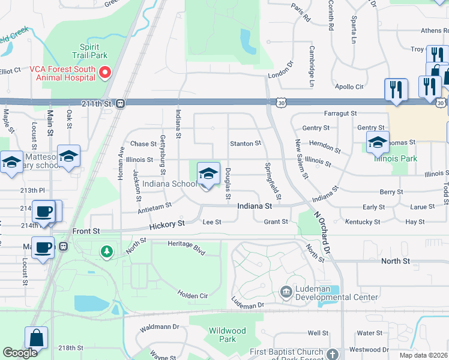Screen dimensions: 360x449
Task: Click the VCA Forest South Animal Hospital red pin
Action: (105, 73)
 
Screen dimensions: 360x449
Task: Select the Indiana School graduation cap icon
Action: (208, 174)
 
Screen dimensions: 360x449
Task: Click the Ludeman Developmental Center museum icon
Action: (286, 293)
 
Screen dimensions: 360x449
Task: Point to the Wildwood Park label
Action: (227, 335)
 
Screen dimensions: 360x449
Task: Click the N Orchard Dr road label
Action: (326, 232)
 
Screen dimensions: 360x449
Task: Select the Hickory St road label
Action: (167, 224)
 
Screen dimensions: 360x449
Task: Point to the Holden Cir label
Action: (192, 295)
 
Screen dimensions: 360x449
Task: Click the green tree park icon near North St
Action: (107, 251)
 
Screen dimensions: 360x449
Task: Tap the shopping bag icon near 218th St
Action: (36, 338)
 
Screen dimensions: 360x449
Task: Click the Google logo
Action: (20, 353)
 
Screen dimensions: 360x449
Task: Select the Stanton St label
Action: (246, 143)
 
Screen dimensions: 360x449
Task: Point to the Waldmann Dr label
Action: (159, 327)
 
